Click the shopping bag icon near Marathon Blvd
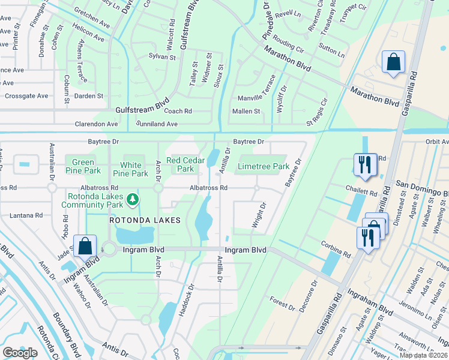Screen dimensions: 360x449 (x=393, y=62)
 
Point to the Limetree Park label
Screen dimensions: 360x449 (x=264, y=166)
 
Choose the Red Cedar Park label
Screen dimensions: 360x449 (x=182, y=164)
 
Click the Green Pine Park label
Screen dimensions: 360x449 (x=83, y=167)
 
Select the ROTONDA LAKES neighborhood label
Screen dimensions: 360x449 (x=145, y=220)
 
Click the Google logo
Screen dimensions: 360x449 (x=20, y=353)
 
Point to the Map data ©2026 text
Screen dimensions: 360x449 (x=424, y=355)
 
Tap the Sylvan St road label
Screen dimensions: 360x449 (x=162, y=57)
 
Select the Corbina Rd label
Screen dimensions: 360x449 (x=336, y=250)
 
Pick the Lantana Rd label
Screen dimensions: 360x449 (x=22, y=215)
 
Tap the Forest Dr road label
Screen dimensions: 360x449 (x=283, y=304)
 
